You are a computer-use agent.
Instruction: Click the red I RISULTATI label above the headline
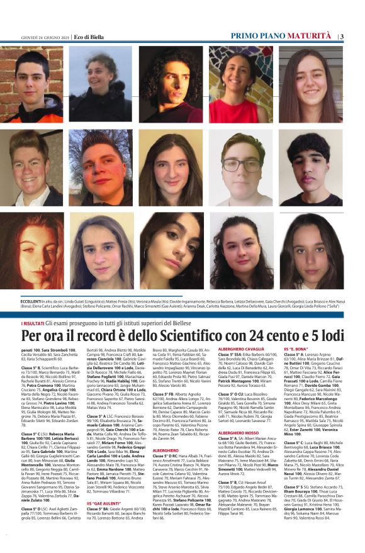pyautogui.click(x=31, y=322)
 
